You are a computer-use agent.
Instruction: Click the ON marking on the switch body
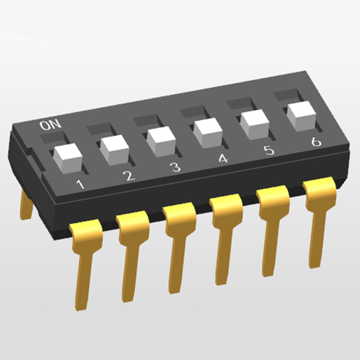tap(50, 124)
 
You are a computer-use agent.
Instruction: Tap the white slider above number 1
tap(68, 158)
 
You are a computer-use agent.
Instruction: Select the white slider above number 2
tap(115, 150)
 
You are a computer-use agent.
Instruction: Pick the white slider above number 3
tap(161, 141)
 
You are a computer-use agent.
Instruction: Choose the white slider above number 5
tap(255, 124)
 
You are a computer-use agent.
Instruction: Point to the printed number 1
tap(80, 184)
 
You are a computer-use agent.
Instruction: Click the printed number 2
tap(129, 176)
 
